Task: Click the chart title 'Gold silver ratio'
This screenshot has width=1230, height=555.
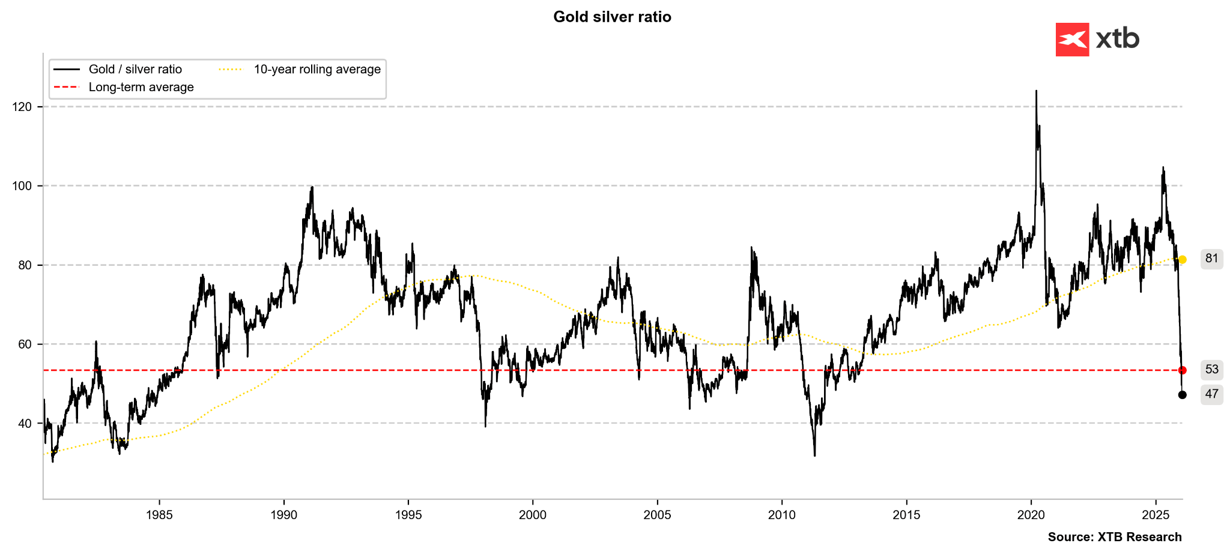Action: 612,17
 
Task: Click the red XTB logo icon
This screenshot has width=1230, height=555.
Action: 1072,40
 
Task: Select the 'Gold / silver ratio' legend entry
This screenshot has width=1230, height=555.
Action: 135,70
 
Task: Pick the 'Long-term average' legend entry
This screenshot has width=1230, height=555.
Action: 141,87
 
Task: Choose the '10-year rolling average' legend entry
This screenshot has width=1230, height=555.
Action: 317,70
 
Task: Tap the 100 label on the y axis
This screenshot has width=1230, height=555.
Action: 22,186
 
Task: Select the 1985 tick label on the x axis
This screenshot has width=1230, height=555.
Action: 159,515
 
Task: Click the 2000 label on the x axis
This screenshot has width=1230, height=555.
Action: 533,515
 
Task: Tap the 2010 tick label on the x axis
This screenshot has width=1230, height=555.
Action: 782,515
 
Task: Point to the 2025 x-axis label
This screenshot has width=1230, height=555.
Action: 1156,515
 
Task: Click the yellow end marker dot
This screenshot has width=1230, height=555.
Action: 1183,260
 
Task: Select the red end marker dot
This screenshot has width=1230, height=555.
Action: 1183,370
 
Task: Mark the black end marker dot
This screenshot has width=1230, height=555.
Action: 1183,395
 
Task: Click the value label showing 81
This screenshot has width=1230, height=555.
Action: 1211,259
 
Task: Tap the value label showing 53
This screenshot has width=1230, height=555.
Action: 1211,369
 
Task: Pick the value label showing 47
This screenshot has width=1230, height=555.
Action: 1211,394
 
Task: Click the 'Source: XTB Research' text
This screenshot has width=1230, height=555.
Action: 1115,537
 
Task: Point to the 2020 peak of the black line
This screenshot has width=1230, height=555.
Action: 1036,91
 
